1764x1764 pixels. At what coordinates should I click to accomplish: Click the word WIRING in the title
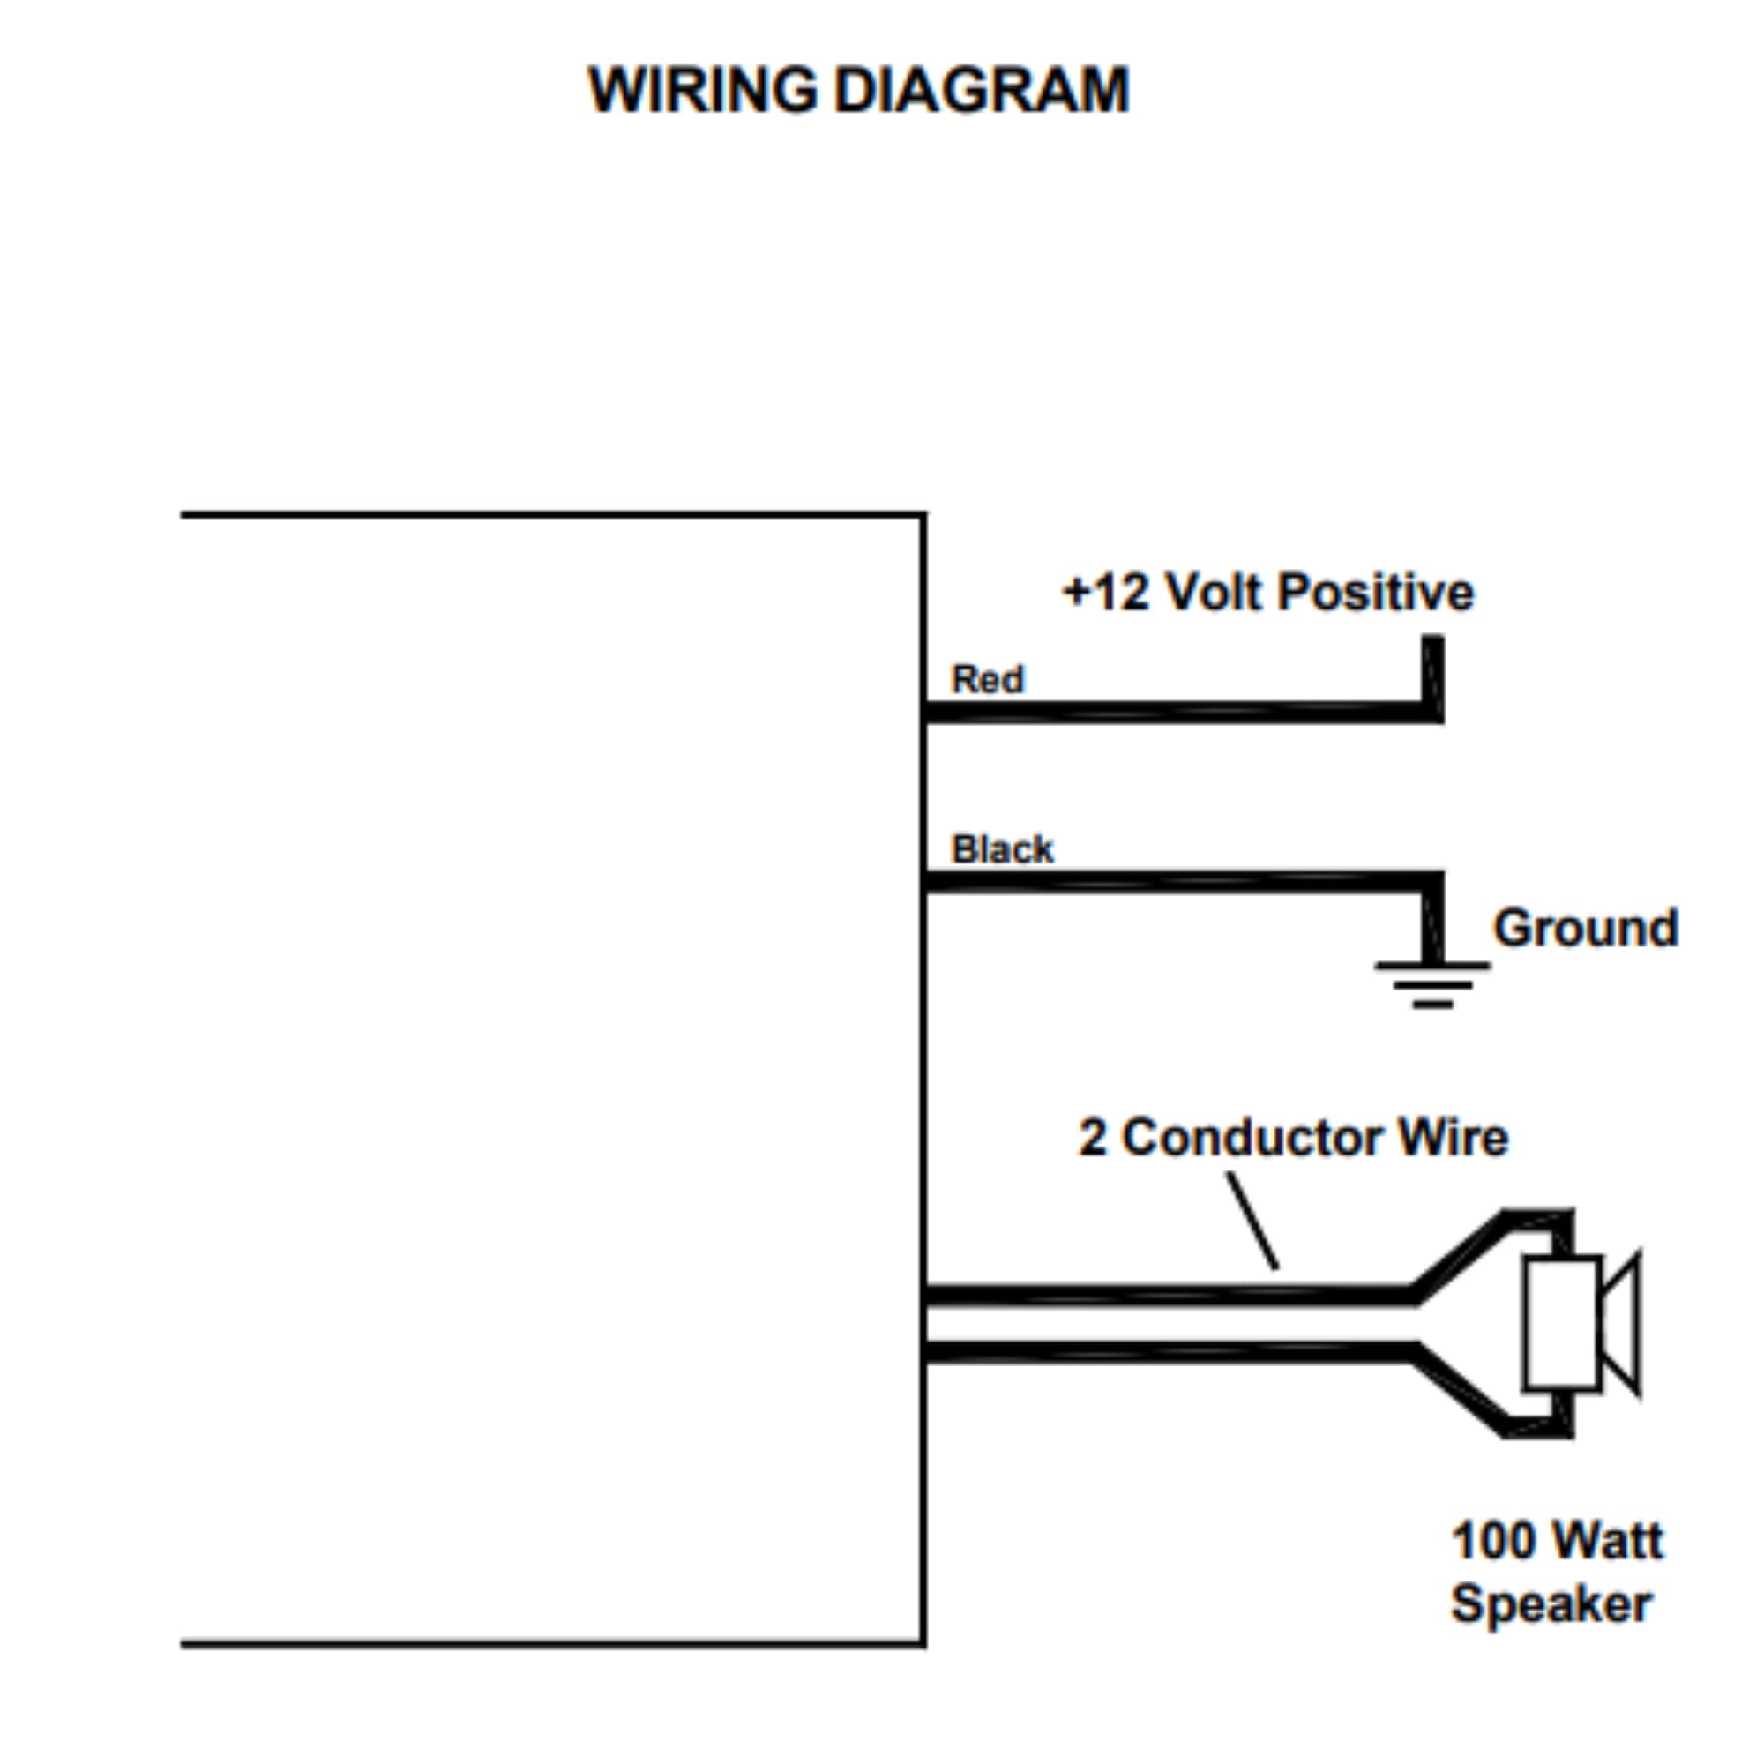click(703, 89)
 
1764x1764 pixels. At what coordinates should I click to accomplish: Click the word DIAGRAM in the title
click(983, 89)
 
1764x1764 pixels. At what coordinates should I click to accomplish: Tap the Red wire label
click(987, 679)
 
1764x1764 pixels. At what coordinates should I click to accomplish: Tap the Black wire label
click(1002, 849)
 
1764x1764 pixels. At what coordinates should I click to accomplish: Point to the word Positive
click(1376, 594)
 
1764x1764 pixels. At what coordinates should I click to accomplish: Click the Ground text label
click(1586, 928)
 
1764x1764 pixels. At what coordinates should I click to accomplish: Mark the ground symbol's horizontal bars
click(1432, 984)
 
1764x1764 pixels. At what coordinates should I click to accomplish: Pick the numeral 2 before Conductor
click(1092, 1138)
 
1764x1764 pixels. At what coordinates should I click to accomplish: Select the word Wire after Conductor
click(1454, 1138)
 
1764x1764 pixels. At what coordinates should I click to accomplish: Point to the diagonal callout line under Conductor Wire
click(1252, 1220)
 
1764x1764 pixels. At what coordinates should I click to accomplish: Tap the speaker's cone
click(1623, 1324)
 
